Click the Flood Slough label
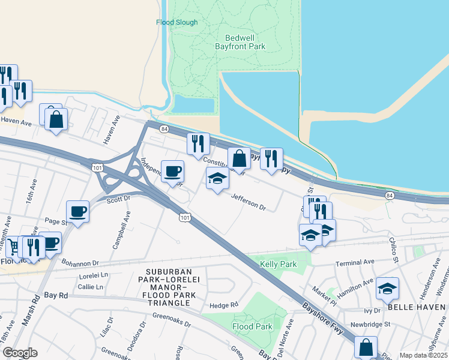click(176, 22)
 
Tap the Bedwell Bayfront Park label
click(240, 40)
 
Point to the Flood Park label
click(253, 327)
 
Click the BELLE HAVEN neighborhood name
click(415, 307)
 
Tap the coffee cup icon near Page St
click(78, 211)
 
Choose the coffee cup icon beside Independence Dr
click(173, 171)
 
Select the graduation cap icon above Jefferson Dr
click(217, 178)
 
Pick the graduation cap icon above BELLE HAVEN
click(388, 289)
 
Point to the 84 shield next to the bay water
click(390, 196)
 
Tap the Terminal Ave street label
click(355, 262)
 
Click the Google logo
click(19, 353)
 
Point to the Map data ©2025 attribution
click(423, 355)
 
